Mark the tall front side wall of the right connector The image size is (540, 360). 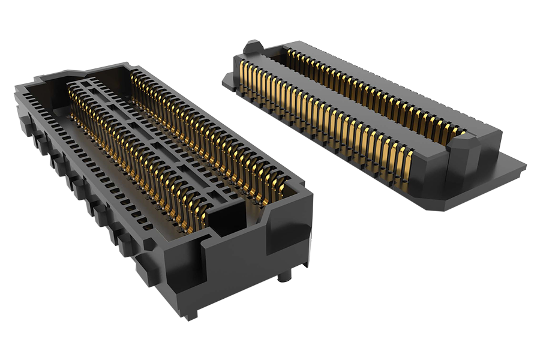(336, 174)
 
